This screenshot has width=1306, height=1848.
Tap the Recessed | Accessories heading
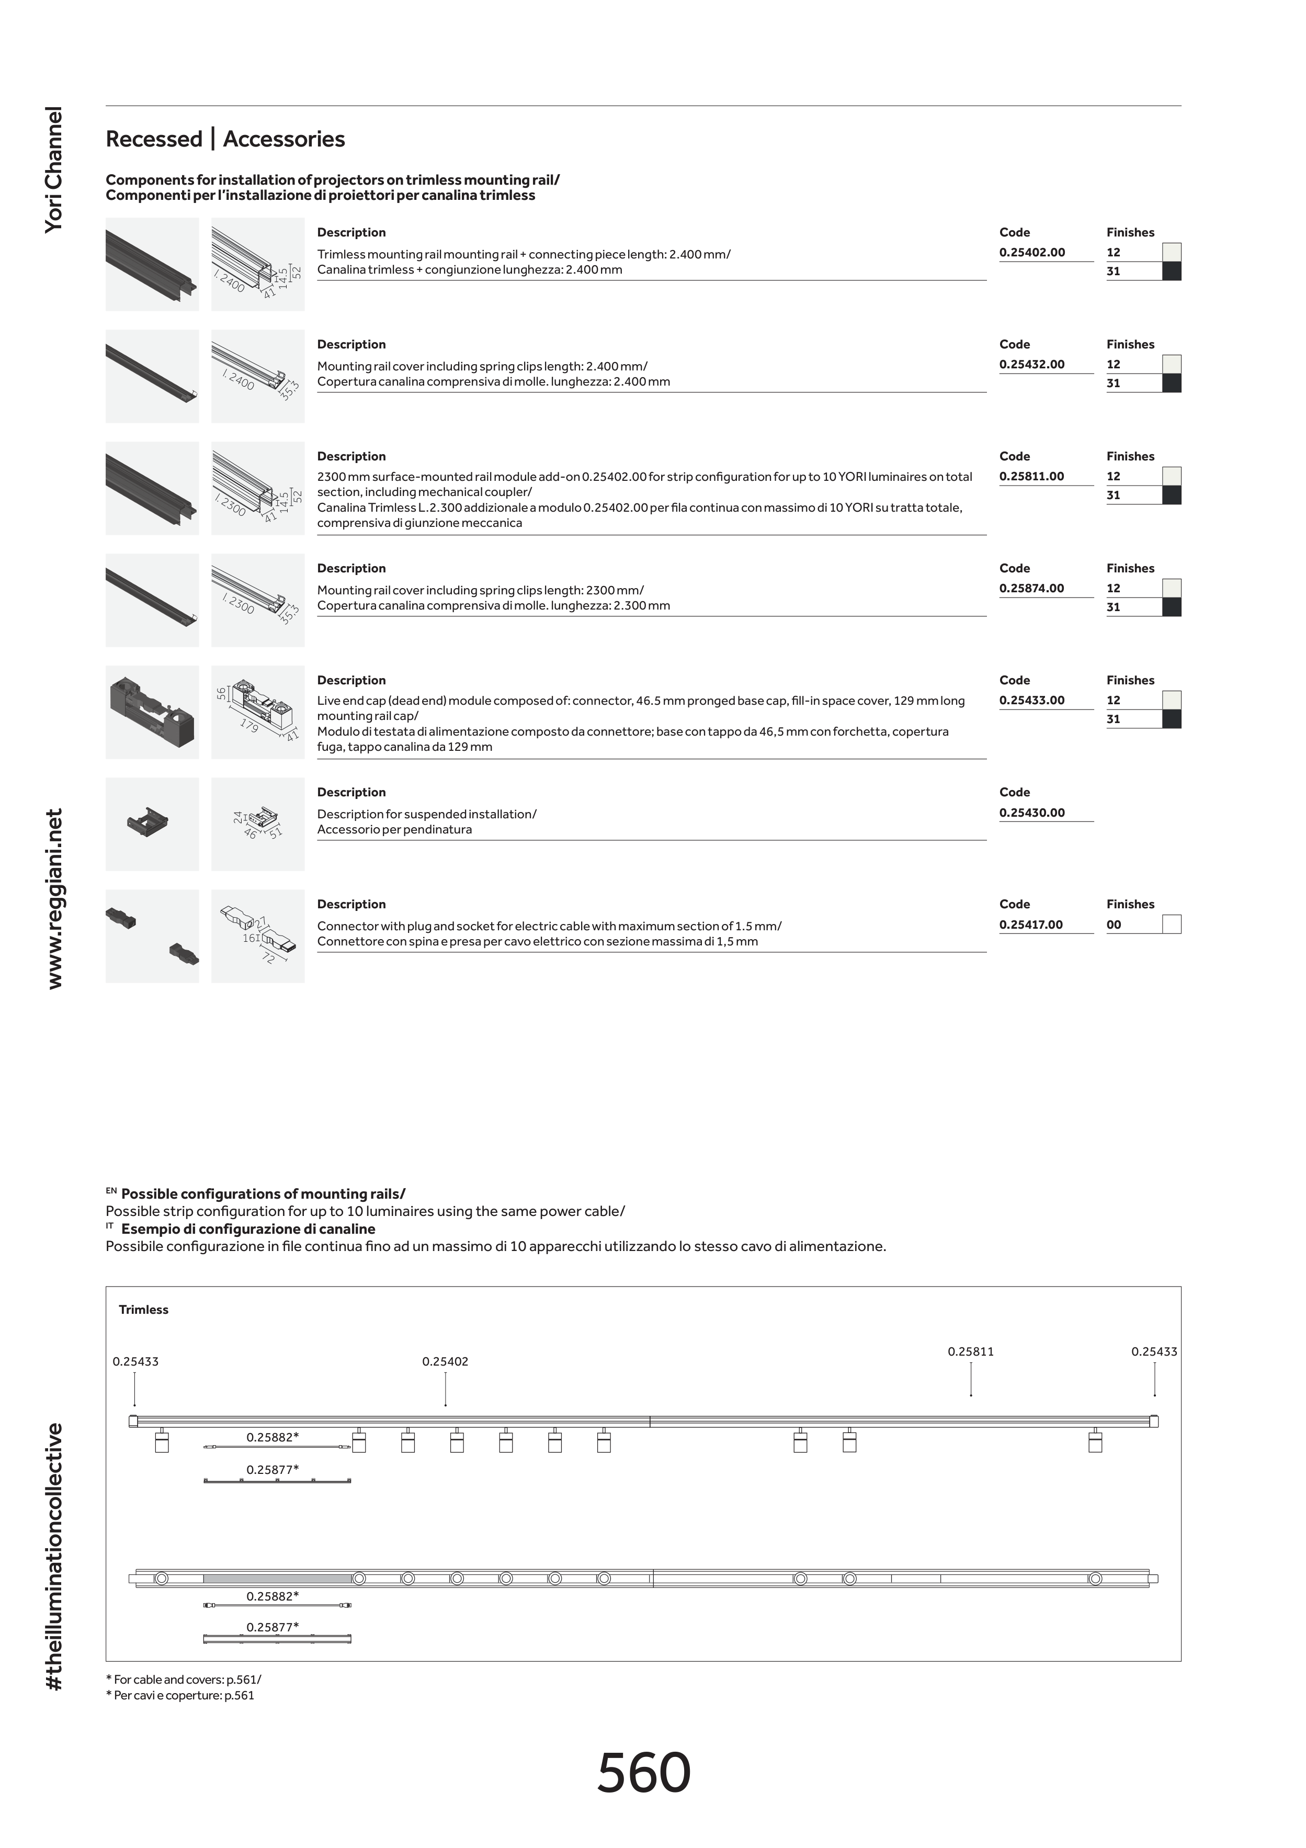click(225, 139)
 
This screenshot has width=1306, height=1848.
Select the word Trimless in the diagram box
click(143, 1310)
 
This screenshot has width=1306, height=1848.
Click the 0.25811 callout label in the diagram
click(970, 1352)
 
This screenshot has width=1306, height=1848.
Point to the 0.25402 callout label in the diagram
click(445, 1362)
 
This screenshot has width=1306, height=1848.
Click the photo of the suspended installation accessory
click(152, 824)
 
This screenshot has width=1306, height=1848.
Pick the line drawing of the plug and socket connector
click(257, 936)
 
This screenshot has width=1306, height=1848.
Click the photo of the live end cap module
click(152, 712)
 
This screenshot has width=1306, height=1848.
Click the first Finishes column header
click(1130, 233)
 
